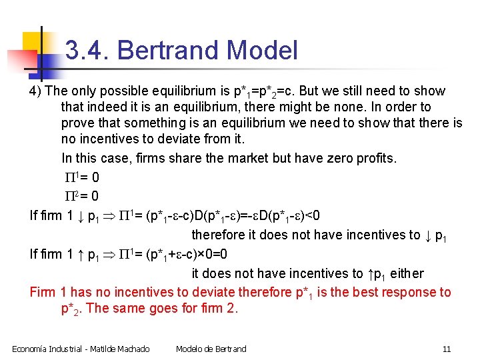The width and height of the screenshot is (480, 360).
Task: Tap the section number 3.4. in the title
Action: click(x=87, y=51)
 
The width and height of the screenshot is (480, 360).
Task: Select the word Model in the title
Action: click(x=262, y=51)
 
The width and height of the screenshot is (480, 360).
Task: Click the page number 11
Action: click(x=447, y=349)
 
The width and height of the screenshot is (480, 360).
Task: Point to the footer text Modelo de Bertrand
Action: click(x=211, y=349)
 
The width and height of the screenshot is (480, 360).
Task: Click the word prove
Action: click(x=77, y=123)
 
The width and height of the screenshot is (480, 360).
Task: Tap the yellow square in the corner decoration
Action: click(x=32, y=42)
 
